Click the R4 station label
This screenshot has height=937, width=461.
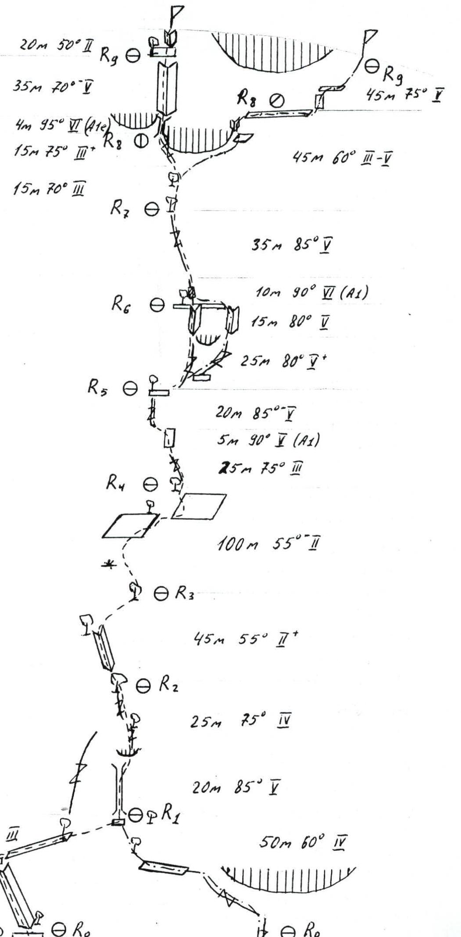[115, 483]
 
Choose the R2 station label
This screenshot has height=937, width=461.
[168, 685]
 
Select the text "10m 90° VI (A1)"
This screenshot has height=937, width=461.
[311, 292]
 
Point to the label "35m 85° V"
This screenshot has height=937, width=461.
[291, 245]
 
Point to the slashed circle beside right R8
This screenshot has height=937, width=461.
[276, 100]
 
